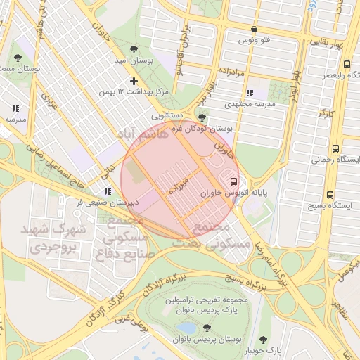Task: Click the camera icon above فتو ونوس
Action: [x=254, y=30]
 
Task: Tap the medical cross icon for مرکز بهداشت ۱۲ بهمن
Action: [x=134, y=81]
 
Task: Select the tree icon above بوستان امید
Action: [x=131, y=50]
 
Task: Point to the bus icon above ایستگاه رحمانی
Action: [x=335, y=149]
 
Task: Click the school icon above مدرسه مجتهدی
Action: [x=249, y=93]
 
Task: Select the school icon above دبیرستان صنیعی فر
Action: [x=107, y=191]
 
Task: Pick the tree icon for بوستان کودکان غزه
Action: [x=202, y=117]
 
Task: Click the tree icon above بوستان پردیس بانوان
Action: [x=207, y=328]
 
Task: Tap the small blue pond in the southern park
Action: [x=186, y=328]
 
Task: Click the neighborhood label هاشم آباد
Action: [x=145, y=134]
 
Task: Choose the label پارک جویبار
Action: [x=264, y=349]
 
